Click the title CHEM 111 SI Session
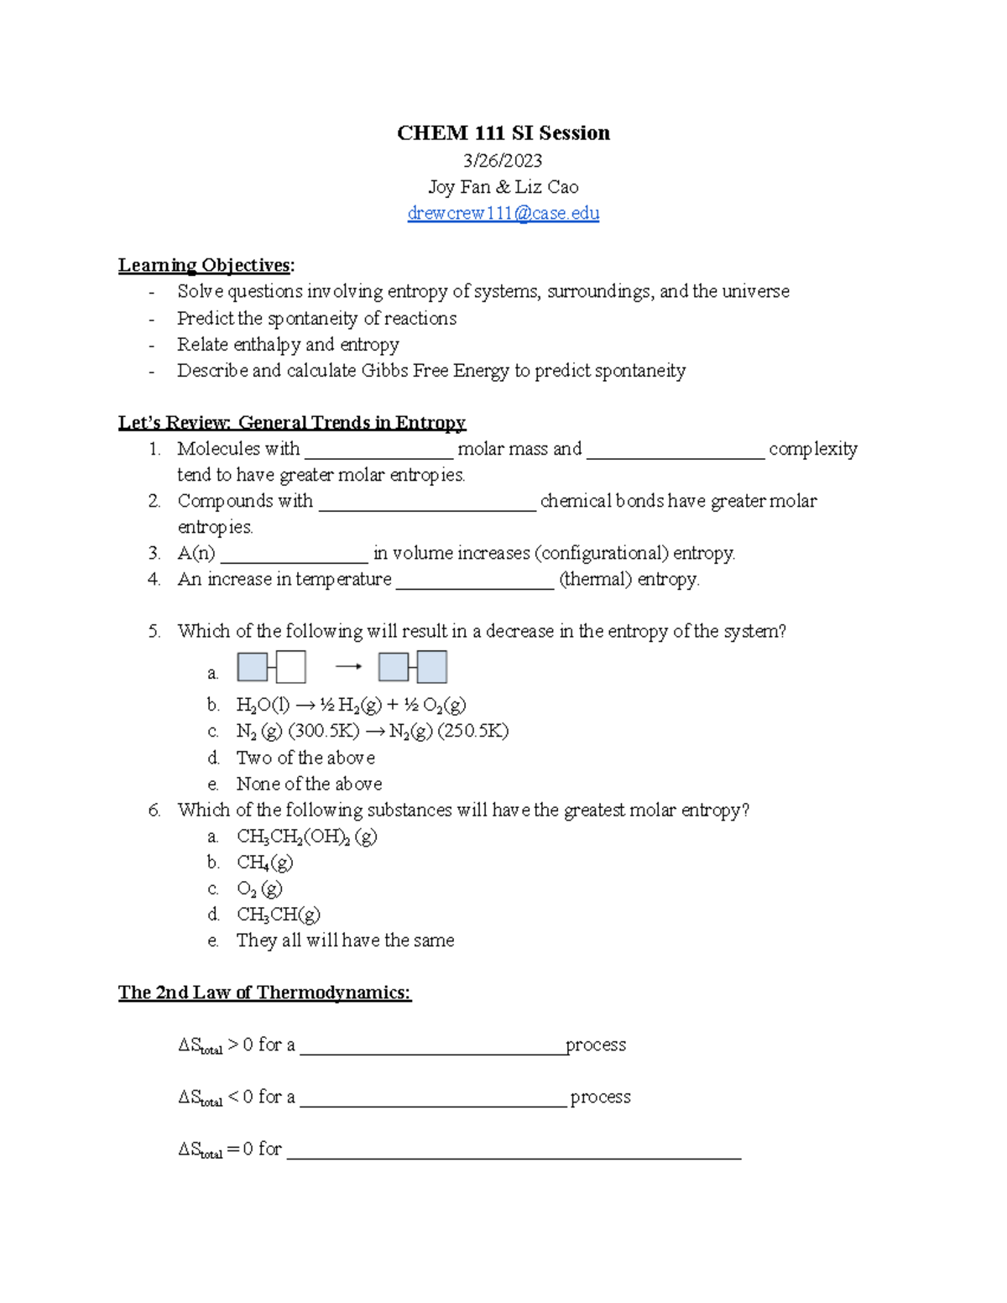coord(503,133)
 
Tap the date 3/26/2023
coord(503,160)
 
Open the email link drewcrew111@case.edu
coord(503,213)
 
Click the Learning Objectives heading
coord(206,265)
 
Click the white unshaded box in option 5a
coord(291,668)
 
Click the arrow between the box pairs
coord(348,667)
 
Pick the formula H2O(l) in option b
coord(263,706)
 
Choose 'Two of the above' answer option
coord(305,758)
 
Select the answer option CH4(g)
coord(264,863)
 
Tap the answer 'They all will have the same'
coord(345,941)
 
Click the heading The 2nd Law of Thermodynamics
coord(264,993)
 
